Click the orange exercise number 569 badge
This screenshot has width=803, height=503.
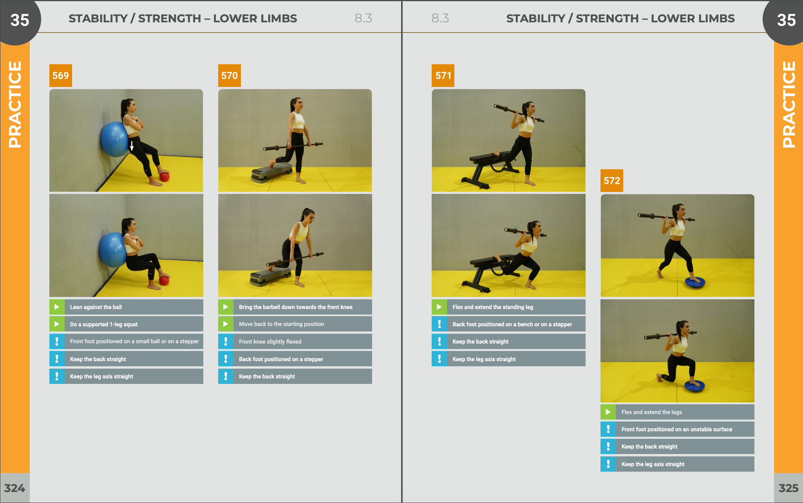(61, 76)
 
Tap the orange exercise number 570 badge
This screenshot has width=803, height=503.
(230, 76)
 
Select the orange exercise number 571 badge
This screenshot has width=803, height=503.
(443, 76)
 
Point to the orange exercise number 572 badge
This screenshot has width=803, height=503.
(612, 181)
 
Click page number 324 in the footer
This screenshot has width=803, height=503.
(14, 488)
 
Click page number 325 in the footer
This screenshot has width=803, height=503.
(789, 488)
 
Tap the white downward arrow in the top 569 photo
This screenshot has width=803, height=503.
(132, 146)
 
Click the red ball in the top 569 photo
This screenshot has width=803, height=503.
(165, 177)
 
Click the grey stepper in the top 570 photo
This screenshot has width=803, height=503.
(272, 173)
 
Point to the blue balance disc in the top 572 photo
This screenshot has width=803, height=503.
(695, 282)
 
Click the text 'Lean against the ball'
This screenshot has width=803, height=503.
(96, 307)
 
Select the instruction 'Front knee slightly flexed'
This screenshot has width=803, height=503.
(270, 342)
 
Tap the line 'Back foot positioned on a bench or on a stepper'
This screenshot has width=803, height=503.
(512, 324)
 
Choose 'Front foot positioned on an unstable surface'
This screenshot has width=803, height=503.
(677, 429)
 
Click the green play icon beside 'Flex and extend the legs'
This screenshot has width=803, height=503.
(608, 412)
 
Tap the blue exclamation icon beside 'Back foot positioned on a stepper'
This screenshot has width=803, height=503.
(226, 359)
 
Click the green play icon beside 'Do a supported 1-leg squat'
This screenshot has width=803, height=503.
(57, 324)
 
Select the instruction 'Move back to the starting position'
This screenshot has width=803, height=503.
(282, 324)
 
